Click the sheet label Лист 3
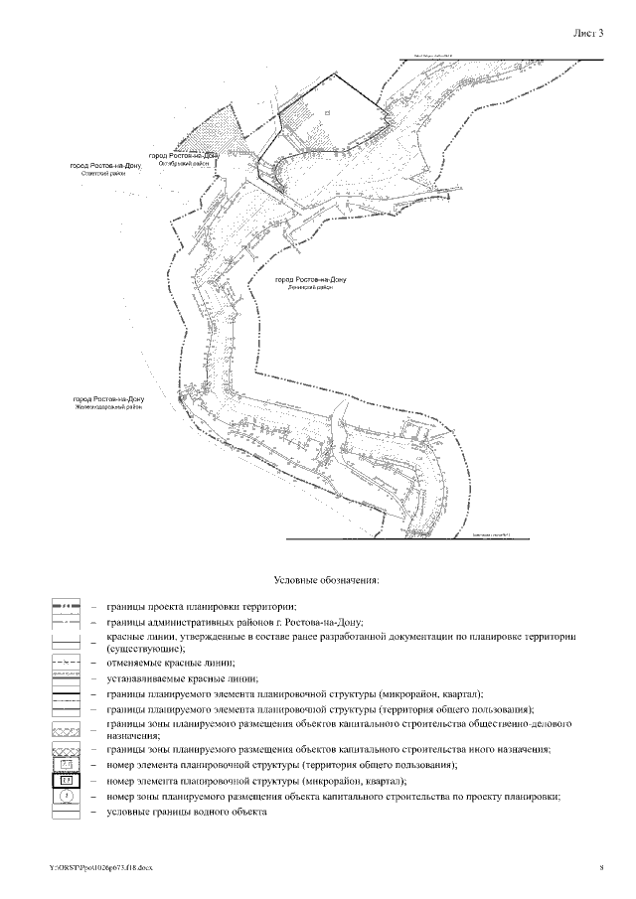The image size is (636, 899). [588, 33]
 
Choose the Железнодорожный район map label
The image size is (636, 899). [108, 404]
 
